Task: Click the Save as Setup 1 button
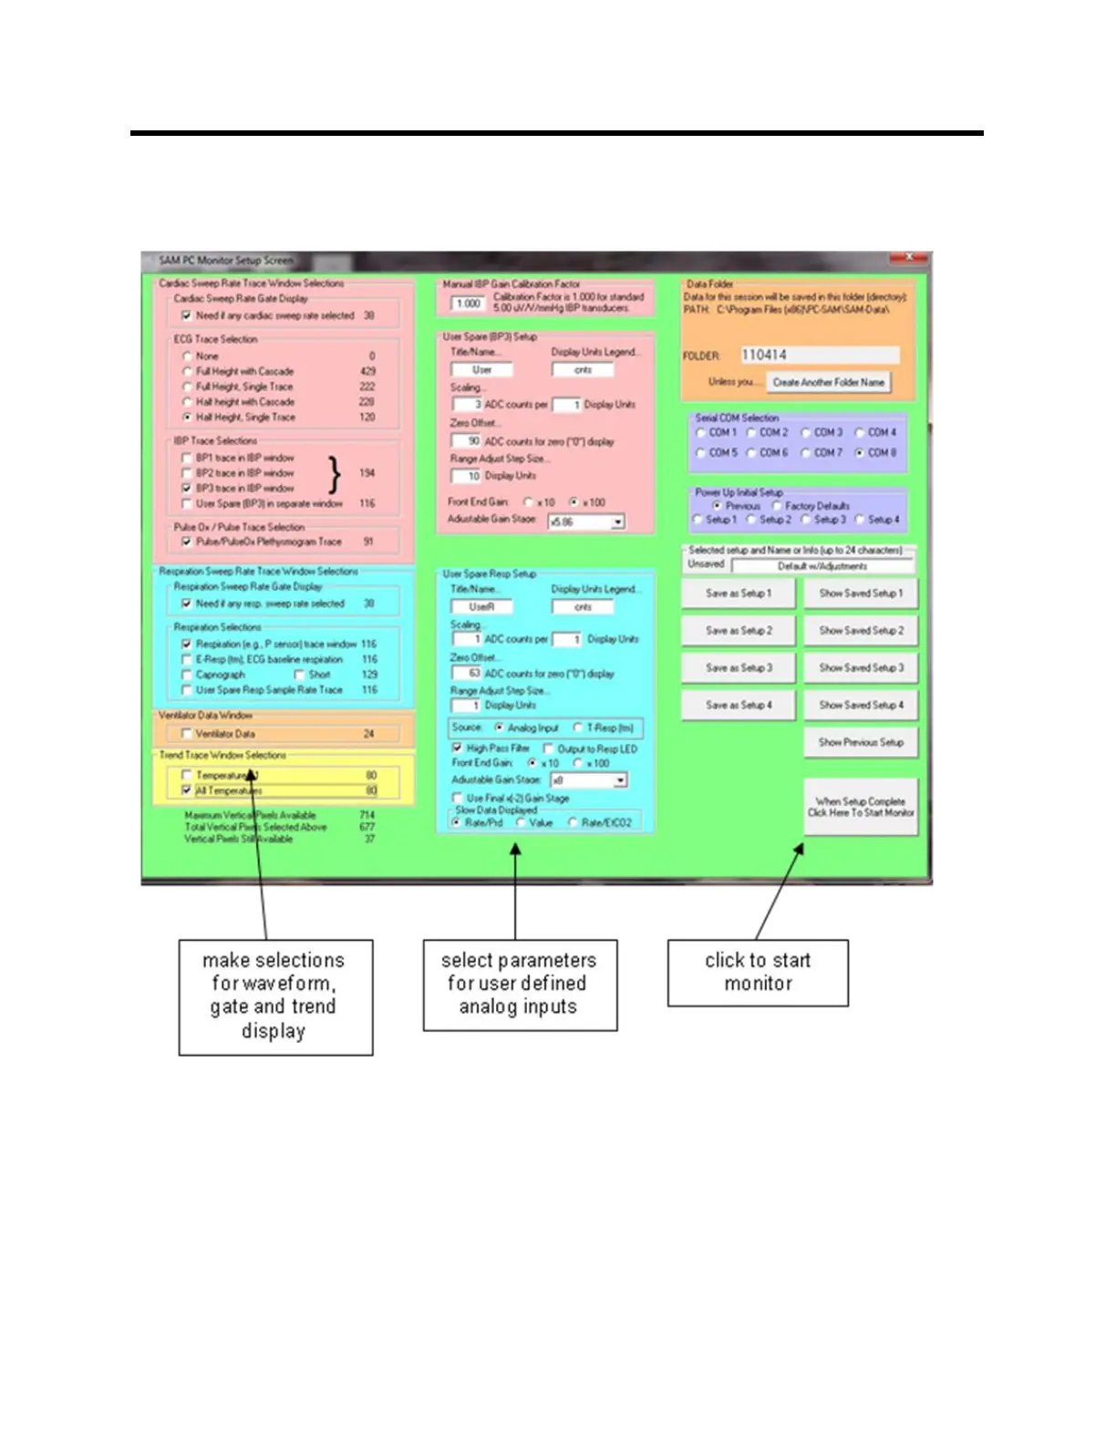pyautogui.click(x=739, y=593)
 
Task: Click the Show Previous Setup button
pyautogui.click(x=861, y=743)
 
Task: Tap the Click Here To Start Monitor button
pyautogui.click(x=861, y=807)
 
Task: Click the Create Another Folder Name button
pyautogui.click(x=828, y=383)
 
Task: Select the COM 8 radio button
pyautogui.click(x=860, y=453)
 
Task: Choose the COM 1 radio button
pyautogui.click(x=700, y=433)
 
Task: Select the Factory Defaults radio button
pyautogui.click(x=777, y=506)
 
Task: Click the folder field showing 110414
pyautogui.click(x=818, y=355)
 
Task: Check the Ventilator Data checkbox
pyautogui.click(x=187, y=734)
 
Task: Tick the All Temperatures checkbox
pyautogui.click(x=187, y=790)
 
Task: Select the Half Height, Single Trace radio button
pyautogui.click(x=187, y=418)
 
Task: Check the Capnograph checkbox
pyautogui.click(x=187, y=675)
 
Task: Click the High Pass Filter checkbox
pyautogui.click(x=458, y=748)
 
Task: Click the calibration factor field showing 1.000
pyautogui.click(x=469, y=304)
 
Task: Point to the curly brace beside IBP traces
pyautogui.click(x=335, y=474)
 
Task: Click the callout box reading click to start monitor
pyautogui.click(x=758, y=973)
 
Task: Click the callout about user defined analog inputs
pyautogui.click(x=520, y=985)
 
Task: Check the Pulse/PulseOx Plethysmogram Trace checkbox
pyautogui.click(x=187, y=541)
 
